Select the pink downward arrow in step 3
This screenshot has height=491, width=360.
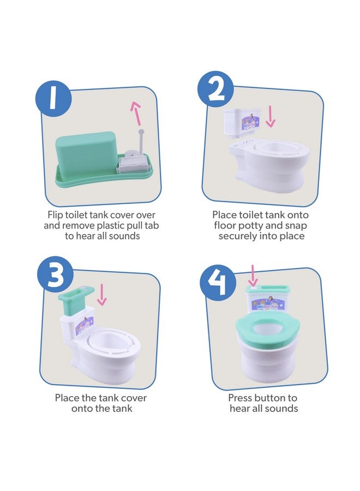point(102,295)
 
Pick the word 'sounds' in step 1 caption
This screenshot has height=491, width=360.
point(123,236)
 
